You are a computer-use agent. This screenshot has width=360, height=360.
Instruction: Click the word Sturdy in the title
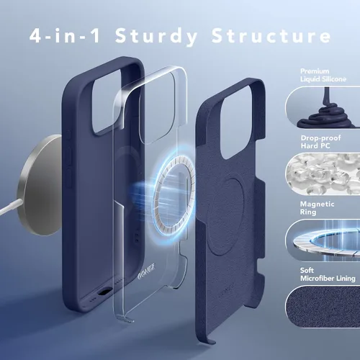click(x=156, y=37)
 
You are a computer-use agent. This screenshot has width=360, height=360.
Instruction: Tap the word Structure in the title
click(x=271, y=35)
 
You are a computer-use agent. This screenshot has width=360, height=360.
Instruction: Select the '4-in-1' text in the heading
click(x=65, y=35)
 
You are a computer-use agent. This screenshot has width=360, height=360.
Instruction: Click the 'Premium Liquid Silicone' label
click(x=323, y=75)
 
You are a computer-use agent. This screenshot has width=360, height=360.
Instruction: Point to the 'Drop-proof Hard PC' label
click(x=320, y=142)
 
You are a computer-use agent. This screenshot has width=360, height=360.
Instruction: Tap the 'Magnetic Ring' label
click(x=317, y=208)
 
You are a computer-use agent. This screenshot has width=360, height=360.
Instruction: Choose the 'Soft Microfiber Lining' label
click(x=328, y=274)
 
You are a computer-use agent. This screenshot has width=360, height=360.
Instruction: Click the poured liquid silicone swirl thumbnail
click(x=323, y=107)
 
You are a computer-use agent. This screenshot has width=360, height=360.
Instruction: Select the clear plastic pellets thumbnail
click(x=323, y=174)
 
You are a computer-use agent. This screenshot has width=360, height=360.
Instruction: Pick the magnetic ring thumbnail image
click(x=323, y=240)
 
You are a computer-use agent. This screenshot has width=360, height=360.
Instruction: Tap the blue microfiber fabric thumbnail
click(x=323, y=307)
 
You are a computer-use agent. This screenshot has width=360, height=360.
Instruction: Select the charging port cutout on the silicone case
click(x=103, y=293)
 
